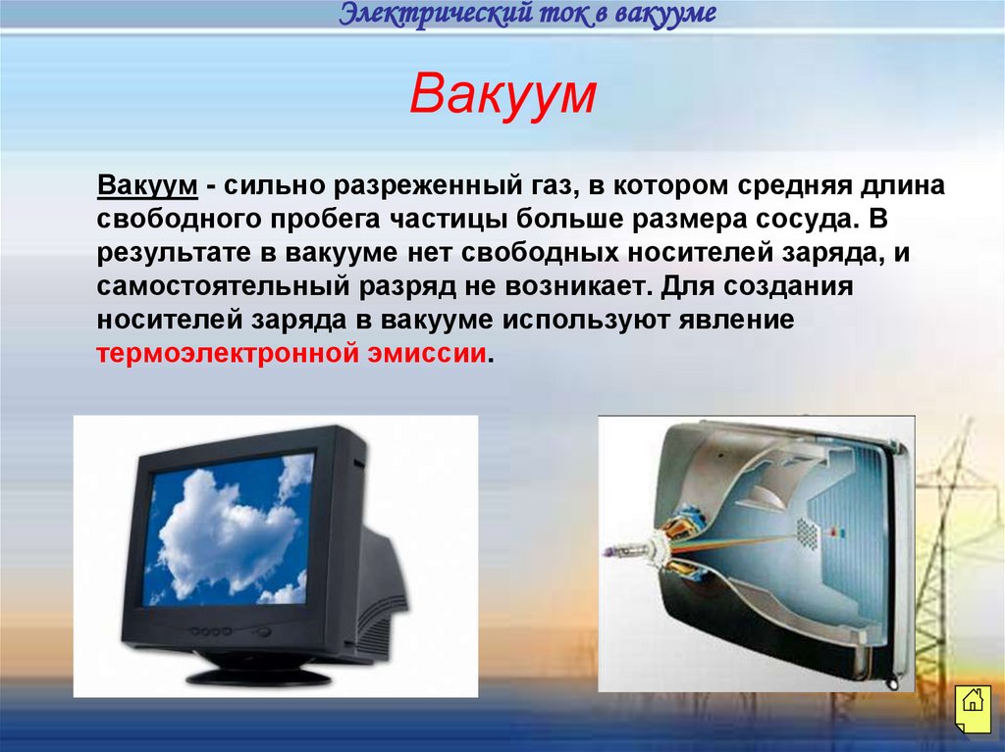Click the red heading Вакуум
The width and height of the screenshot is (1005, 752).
(502, 95)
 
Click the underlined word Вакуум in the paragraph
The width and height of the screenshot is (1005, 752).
(147, 186)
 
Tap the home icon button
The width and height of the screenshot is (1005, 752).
(971, 702)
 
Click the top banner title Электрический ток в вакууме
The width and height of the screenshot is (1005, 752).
(528, 15)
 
